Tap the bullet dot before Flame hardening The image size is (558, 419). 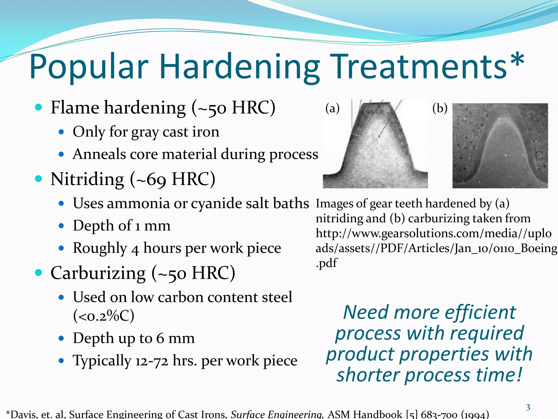point(39,107)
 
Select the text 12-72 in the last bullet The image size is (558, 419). point(151,361)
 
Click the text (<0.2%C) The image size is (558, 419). point(104,316)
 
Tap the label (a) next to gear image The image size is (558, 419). point(332,108)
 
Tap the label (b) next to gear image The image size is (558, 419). point(440,108)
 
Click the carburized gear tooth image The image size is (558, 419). point(500,146)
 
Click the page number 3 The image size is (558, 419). point(528,408)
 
